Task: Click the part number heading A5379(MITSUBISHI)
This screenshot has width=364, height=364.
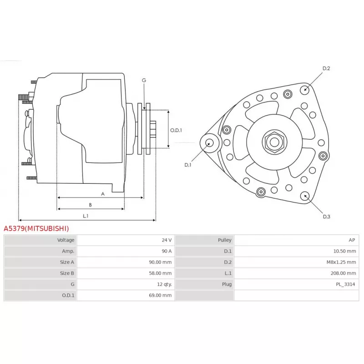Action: (36, 228)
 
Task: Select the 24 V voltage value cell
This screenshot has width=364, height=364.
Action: (167, 240)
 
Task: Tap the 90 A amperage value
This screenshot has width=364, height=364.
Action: (167, 251)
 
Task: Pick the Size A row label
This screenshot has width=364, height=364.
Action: (67, 262)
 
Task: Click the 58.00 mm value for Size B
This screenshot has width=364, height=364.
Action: (161, 273)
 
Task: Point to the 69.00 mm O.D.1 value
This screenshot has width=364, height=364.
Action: (161, 295)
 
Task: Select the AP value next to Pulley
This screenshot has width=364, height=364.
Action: (352, 240)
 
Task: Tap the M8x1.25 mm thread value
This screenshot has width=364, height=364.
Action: (339, 262)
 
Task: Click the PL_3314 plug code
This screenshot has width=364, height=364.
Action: (346, 284)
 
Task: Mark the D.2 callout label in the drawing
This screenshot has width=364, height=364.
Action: (326, 68)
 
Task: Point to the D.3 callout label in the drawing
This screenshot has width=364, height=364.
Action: (326, 217)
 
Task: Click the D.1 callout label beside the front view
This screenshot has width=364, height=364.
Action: (188, 165)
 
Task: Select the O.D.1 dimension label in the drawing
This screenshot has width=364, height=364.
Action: (176, 130)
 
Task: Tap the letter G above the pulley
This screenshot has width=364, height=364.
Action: (144, 80)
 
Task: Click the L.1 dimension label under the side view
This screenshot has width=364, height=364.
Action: (86, 216)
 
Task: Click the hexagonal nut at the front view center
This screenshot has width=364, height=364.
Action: (274, 142)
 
